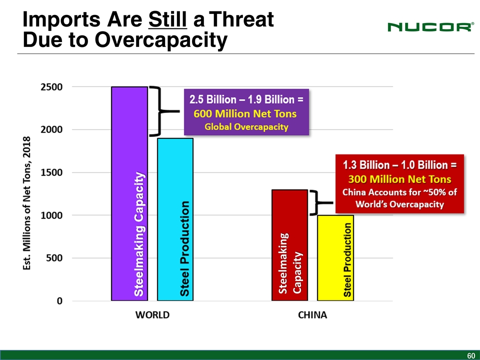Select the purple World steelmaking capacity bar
[129, 193]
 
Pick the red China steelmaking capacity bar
[289, 245]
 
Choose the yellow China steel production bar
[335, 257]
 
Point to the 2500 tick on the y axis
[51, 87]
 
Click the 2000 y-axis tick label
[51, 129]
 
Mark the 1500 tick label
[51, 172]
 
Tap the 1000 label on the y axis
[51, 215]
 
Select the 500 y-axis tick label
[54, 258]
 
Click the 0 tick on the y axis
[59, 301]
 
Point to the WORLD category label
[152, 315]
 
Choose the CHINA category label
[312, 315]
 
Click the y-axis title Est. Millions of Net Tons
[28, 203]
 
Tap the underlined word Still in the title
[167, 20]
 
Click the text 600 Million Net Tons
[245, 114]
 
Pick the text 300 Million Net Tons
[400, 179]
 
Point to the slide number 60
[470, 355]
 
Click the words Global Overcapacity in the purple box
[246, 127]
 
